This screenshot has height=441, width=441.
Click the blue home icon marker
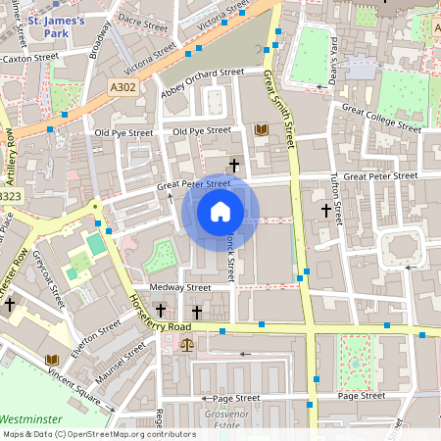pos(220,212)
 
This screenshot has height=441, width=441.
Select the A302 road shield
pos(122,87)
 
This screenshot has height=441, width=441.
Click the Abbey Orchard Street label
pos(202,79)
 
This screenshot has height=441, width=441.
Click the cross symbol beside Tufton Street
pos(326,210)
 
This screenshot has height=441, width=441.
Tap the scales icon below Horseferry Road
pos(186,345)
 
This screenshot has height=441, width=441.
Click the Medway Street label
pos(179,288)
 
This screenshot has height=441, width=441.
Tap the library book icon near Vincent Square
pos(51,359)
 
